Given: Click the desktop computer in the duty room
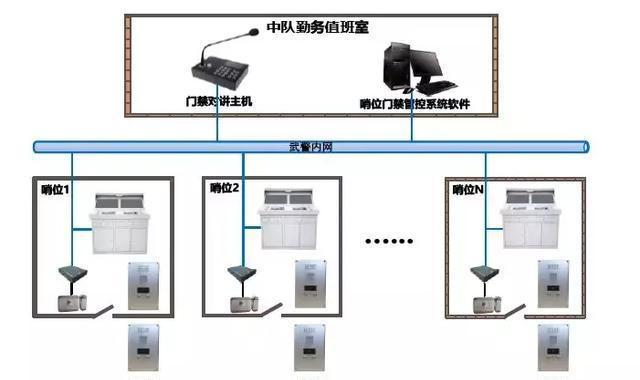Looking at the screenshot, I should tap(414, 67).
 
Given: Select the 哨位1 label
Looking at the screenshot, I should tap(56, 187).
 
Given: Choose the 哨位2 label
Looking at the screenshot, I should tap(224, 187).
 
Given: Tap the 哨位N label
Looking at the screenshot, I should tap(468, 187).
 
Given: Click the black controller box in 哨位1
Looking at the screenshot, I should tap(71, 272).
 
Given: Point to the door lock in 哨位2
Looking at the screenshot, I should tap(241, 304).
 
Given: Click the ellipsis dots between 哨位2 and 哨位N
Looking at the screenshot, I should tap(389, 241).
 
